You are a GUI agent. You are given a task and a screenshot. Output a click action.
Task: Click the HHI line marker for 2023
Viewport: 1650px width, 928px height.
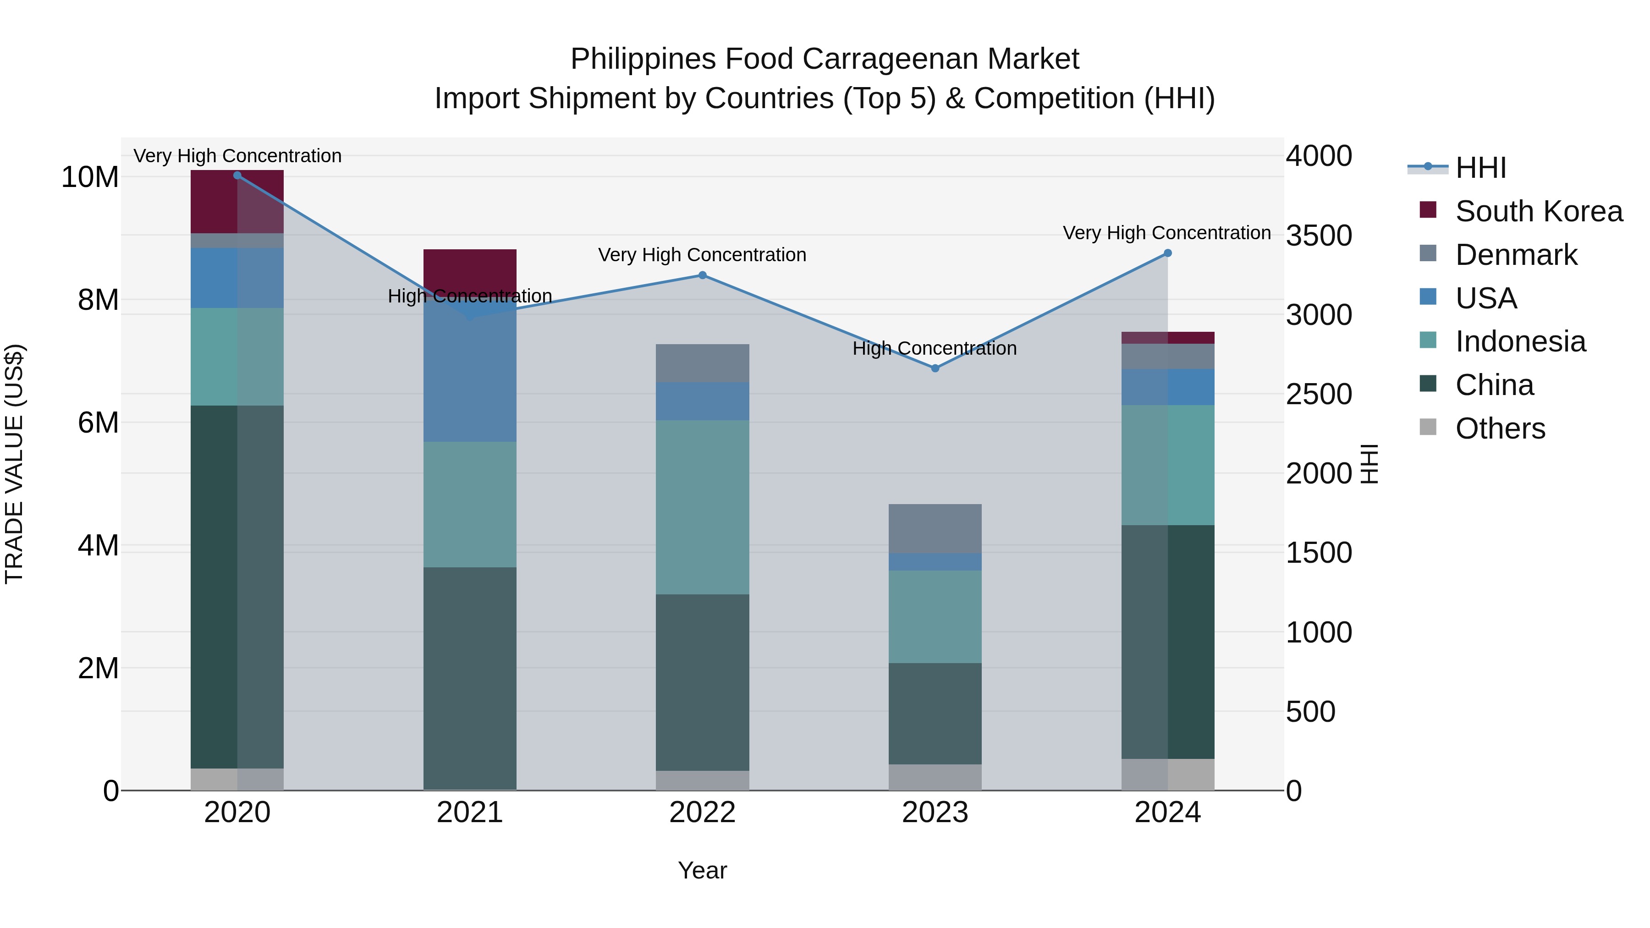935,368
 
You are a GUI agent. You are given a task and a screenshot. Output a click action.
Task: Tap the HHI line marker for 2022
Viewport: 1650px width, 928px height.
702,275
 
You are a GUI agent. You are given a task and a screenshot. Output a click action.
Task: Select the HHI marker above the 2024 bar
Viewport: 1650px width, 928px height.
1167,253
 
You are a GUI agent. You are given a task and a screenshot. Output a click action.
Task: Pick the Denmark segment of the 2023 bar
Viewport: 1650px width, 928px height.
935,528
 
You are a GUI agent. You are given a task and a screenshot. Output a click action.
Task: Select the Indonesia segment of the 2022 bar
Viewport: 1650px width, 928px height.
702,506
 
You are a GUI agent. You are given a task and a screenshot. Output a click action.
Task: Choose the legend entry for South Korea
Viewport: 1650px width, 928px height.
1538,211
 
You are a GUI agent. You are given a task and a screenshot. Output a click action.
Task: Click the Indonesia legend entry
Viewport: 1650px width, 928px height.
1520,341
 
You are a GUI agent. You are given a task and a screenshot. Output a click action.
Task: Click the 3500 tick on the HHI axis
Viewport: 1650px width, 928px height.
1318,236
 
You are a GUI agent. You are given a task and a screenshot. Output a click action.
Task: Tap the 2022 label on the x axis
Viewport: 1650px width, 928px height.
702,813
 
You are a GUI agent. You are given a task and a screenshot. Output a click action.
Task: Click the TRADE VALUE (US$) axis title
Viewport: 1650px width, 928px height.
15,464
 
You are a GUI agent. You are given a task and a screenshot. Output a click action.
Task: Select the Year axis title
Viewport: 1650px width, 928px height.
702,870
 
